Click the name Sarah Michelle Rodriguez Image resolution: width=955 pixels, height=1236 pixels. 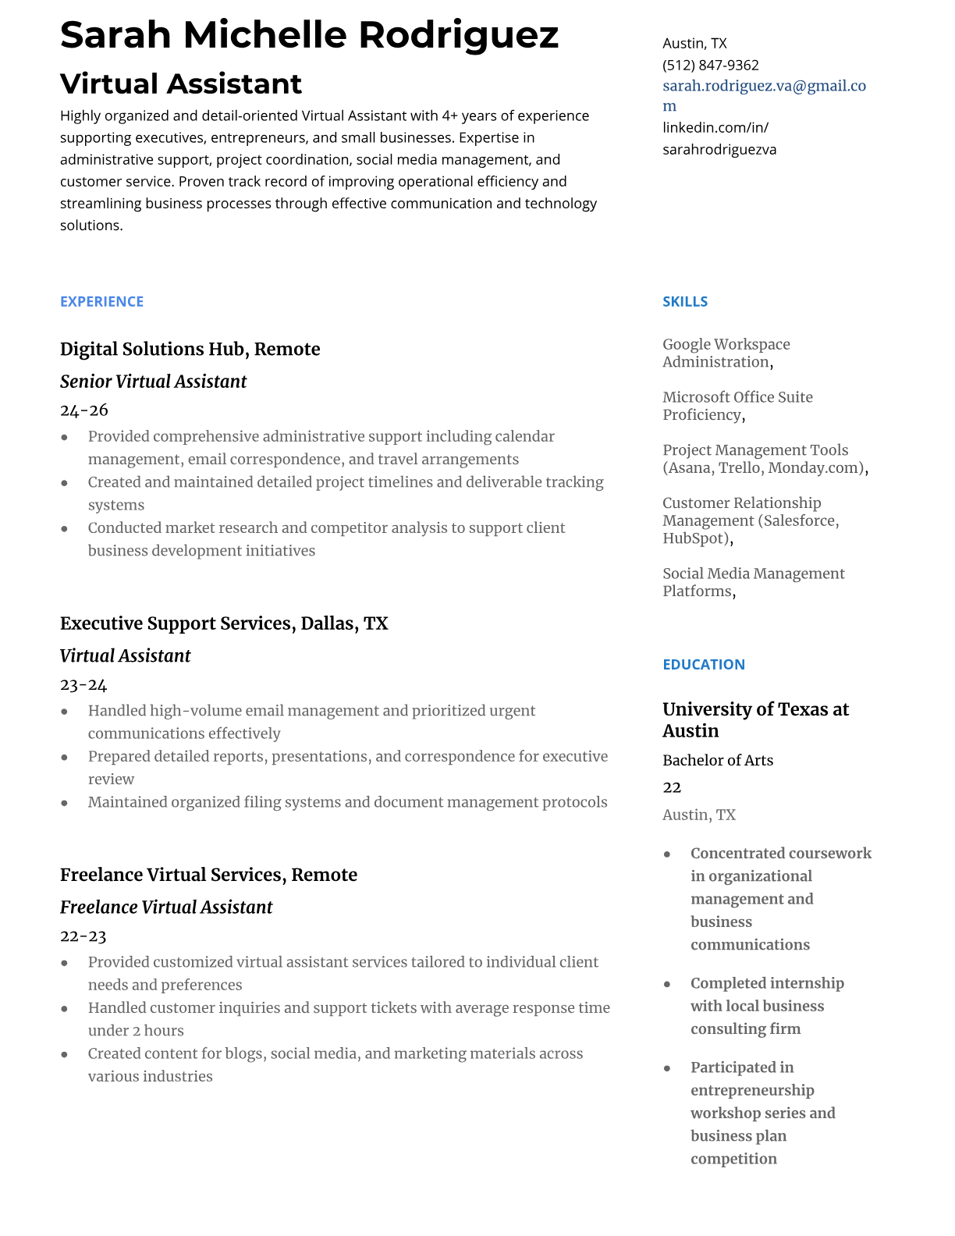click(309, 35)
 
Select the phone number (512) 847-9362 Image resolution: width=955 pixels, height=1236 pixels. click(710, 65)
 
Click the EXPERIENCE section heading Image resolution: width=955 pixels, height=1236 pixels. click(101, 301)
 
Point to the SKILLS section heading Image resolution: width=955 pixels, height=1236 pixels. click(684, 301)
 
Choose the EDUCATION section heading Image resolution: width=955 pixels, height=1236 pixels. click(703, 664)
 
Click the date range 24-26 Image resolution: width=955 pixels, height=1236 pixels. click(83, 410)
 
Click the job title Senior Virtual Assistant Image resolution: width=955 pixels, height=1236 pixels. click(153, 382)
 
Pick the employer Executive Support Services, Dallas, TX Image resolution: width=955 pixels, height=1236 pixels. click(223, 623)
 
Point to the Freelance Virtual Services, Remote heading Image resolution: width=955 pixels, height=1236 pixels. click(208, 875)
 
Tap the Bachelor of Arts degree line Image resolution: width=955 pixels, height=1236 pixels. click(717, 760)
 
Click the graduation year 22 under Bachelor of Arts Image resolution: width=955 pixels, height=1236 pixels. click(671, 787)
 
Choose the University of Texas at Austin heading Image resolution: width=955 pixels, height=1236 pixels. click(754, 719)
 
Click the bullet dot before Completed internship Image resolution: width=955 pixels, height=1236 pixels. click(667, 984)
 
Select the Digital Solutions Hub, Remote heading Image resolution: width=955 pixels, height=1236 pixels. click(190, 349)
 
